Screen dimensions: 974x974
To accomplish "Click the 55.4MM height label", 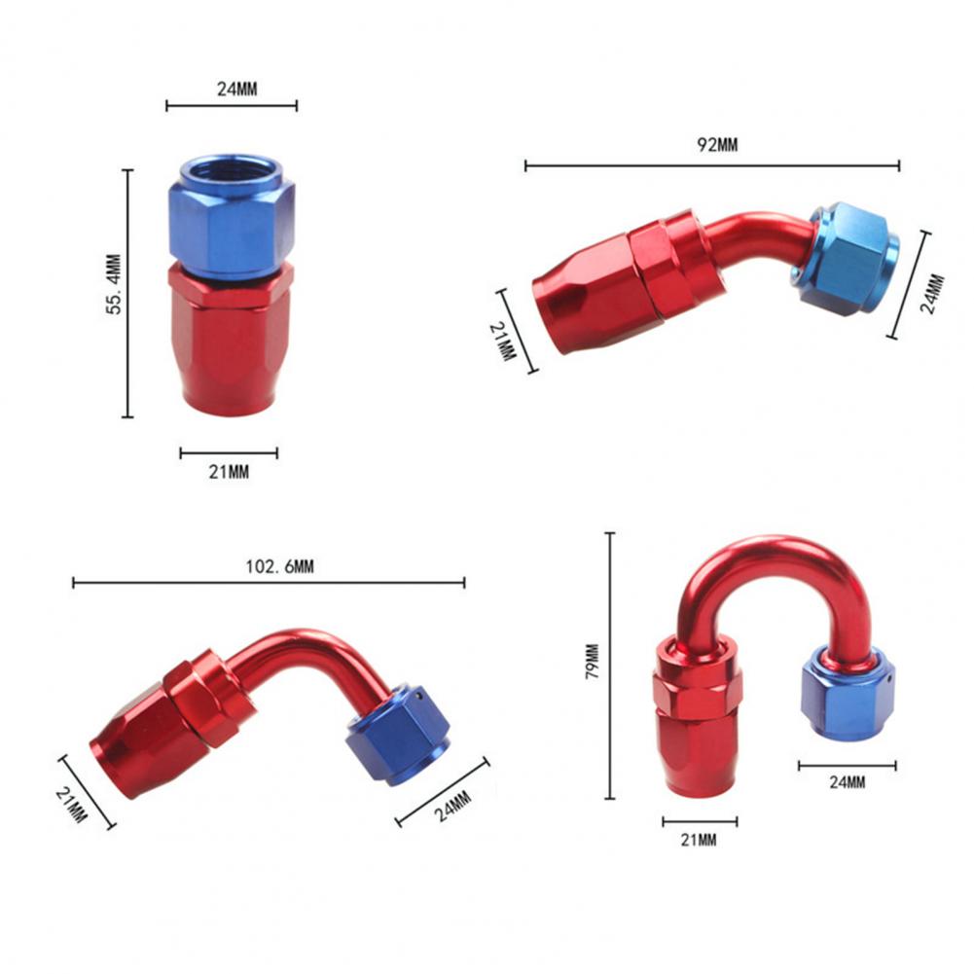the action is pyautogui.click(x=114, y=284).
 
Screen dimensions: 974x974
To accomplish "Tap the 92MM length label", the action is pyautogui.click(x=717, y=145).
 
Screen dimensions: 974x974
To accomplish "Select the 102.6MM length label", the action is pyautogui.click(x=279, y=566).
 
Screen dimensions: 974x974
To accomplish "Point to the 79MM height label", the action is pyautogui.click(x=593, y=661).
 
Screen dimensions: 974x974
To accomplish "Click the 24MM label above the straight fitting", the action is pyautogui.click(x=236, y=89).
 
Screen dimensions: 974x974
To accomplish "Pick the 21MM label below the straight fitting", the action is pyautogui.click(x=229, y=472).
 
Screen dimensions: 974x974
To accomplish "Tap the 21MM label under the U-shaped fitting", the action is pyautogui.click(x=699, y=840).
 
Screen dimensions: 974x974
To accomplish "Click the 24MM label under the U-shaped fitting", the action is pyautogui.click(x=848, y=782).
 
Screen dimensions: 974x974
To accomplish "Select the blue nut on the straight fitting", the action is pyautogui.click(x=231, y=216).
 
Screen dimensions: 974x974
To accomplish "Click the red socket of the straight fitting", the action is pyautogui.click(x=230, y=339).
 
